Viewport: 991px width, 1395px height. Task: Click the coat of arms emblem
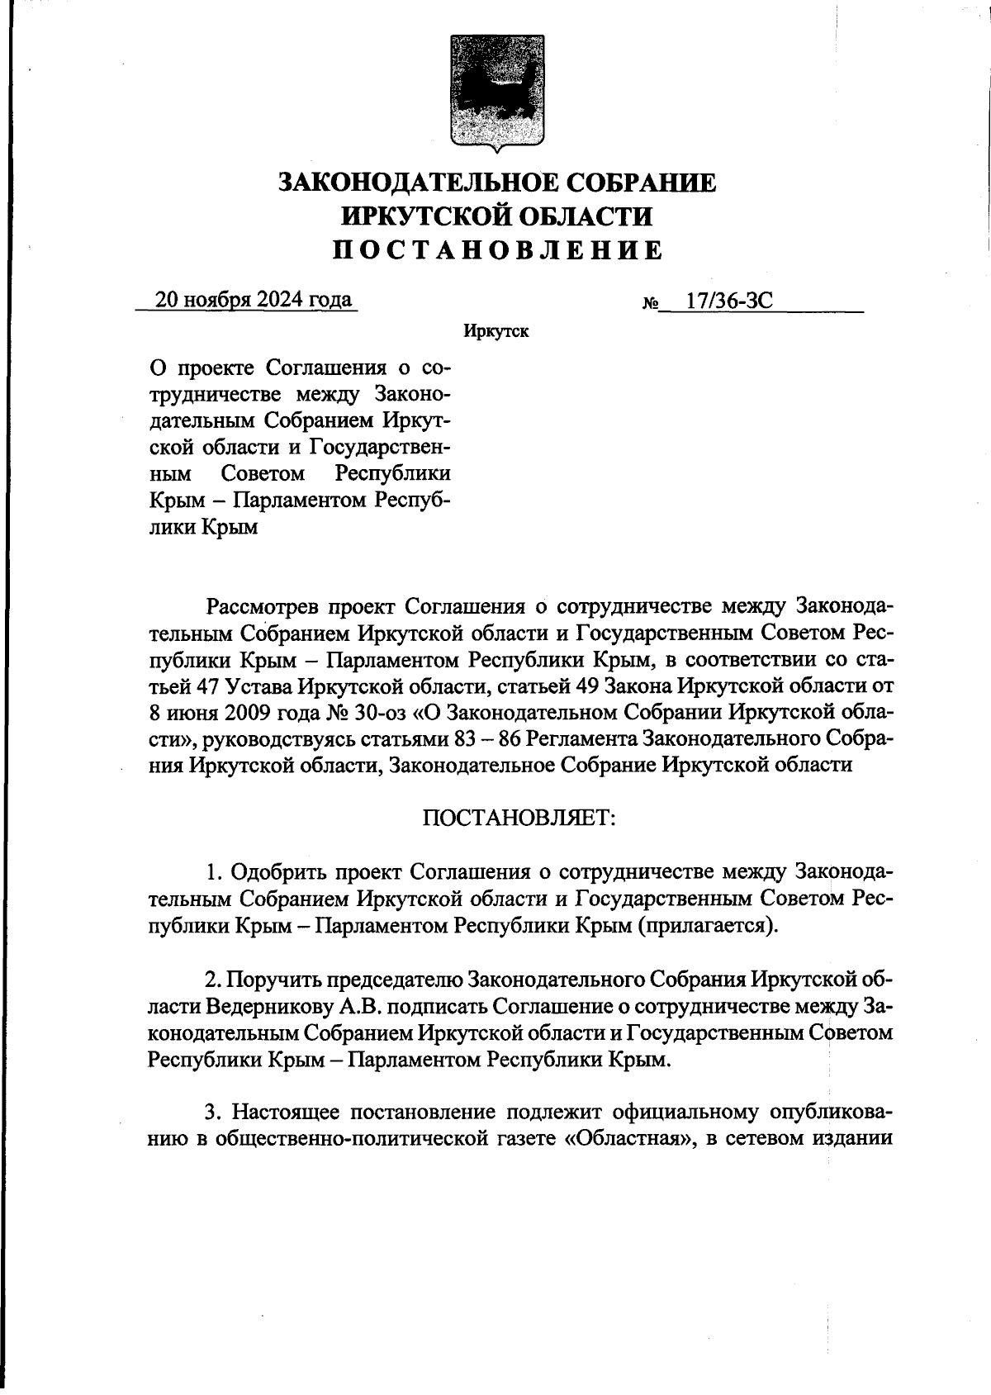pyautogui.click(x=497, y=91)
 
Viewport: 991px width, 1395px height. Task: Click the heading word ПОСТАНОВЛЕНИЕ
pyautogui.click(x=497, y=249)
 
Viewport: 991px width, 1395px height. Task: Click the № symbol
pyautogui.click(x=650, y=303)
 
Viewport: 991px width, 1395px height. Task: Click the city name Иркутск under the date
pyautogui.click(x=496, y=332)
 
